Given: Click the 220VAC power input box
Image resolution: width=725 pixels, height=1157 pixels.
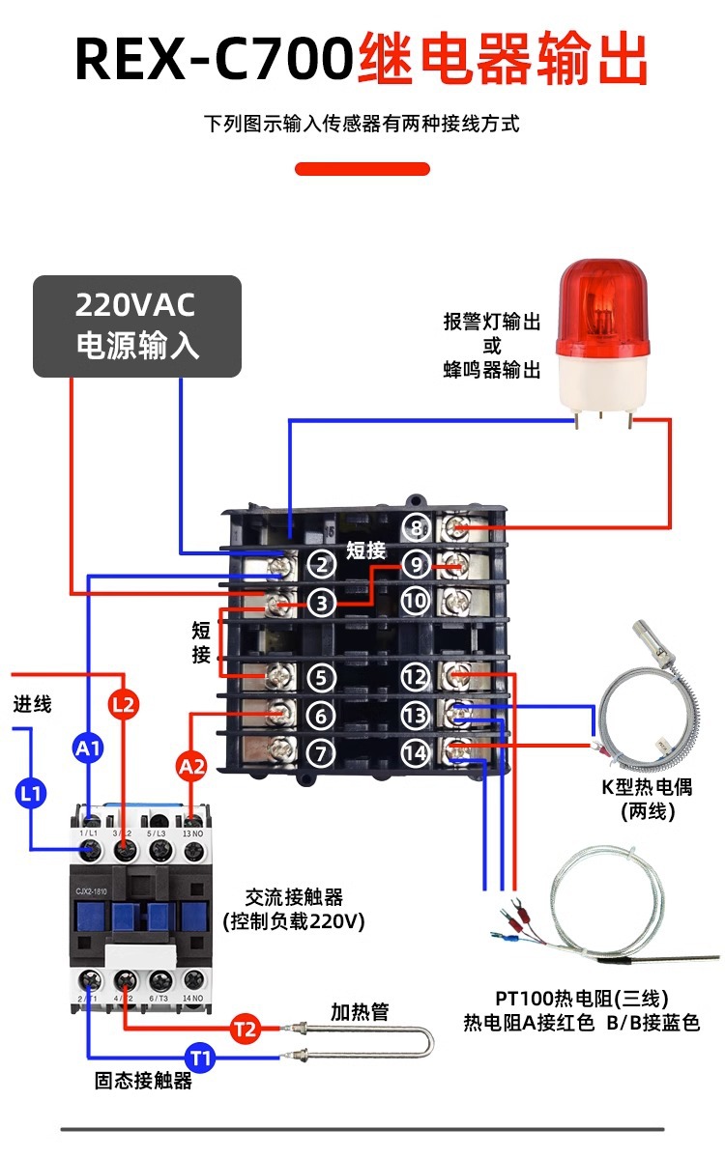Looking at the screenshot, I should pos(137,325).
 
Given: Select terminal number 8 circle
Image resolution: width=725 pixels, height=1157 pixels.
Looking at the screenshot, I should pos(416,528).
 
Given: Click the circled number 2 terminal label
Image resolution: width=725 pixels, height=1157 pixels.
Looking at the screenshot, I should pos(322,565).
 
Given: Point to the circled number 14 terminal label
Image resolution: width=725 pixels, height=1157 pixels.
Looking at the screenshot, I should pos(416,750).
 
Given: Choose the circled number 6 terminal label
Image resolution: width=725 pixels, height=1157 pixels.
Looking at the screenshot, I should pos(322,715).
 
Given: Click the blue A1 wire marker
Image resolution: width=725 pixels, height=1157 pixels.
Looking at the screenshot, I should pos(88,747).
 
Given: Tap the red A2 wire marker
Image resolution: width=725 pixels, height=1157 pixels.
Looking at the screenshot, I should pos(191,767).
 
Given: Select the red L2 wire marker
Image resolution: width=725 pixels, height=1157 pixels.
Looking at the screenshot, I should pos(124,705).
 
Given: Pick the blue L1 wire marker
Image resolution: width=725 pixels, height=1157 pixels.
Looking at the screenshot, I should pos(30,794).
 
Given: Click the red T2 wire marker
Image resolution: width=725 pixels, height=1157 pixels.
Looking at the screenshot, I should pos(246,1030).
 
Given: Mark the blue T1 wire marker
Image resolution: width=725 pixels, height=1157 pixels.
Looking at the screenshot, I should pos(200,1058).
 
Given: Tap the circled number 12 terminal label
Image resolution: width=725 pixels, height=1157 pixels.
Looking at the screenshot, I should pos(416,678).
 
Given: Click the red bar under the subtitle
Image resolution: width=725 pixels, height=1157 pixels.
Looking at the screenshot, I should pos(362,169).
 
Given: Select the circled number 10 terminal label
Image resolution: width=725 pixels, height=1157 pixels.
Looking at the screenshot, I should pos(416,601).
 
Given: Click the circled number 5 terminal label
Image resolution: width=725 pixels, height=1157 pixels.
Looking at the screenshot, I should pos(322,678).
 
